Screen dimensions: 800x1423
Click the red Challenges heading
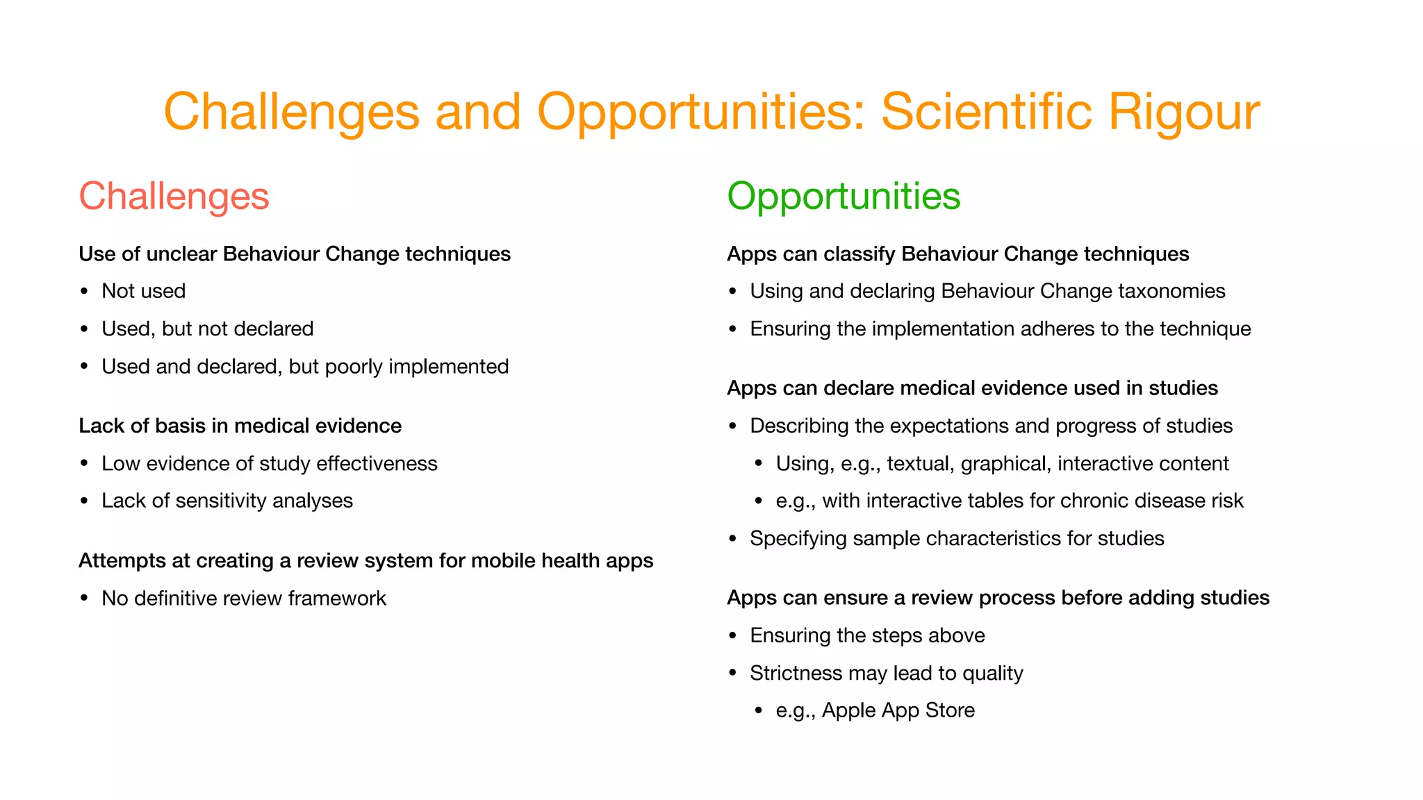(174, 197)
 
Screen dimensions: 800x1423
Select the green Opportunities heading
(844, 197)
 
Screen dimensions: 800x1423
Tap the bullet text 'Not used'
(143, 291)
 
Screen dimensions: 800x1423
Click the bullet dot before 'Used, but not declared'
(85, 329)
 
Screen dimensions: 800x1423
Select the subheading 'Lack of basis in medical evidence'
(240, 426)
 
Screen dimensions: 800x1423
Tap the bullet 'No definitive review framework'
(243, 599)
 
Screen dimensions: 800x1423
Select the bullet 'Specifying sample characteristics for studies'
(957, 539)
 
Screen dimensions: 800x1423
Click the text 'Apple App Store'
(898, 710)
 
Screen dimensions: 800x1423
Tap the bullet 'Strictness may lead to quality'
(886, 674)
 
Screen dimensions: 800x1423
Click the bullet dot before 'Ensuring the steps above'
(733, 636)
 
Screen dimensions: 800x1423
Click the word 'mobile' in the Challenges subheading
(502, 561)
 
